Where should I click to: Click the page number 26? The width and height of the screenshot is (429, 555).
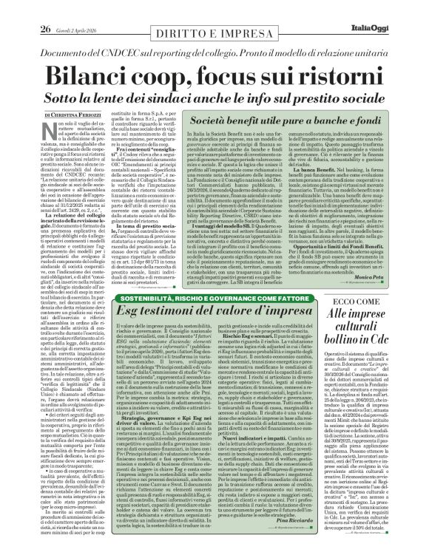click(24, 9)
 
